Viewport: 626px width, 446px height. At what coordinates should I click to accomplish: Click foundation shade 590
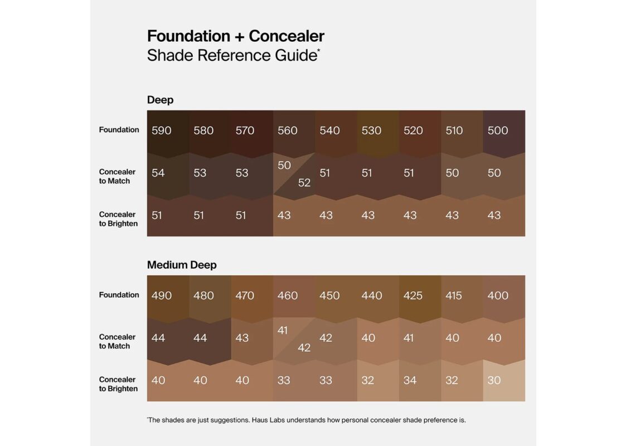(x=162, y=130)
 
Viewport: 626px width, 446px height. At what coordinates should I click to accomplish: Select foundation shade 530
(x=371, y=130)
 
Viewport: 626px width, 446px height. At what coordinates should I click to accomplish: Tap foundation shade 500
(x=497, y=130)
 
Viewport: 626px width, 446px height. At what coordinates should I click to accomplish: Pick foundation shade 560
(x=288, y=130)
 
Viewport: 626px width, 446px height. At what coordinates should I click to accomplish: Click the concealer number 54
(x=158, y=173)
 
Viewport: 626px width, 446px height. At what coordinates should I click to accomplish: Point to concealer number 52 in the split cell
(x=304, y=182)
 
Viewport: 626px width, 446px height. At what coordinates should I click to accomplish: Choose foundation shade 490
(x=162, y=295)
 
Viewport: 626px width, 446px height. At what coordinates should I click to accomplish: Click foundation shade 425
(x=413, y=295)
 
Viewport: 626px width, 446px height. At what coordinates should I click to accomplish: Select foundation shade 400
(x=498, y=295)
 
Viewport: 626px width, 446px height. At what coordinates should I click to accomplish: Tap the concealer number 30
(x=494, y=380)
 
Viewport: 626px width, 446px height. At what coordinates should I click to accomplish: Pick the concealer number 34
(x=410, y=380)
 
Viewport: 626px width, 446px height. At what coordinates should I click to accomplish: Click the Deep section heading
(x=160, y=100)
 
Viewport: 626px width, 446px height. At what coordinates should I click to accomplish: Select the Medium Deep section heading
(x=182, y=265)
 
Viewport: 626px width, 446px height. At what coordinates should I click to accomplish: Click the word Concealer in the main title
(x=287, y=36)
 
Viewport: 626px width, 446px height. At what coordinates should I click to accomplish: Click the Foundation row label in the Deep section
(x=119, y=130)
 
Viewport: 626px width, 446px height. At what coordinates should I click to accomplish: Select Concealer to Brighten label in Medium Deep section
(x=118, y=384)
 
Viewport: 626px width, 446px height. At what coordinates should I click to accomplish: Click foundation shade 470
(x=245, y=295)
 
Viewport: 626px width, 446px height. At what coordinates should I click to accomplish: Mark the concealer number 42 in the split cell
(x=304, y=347)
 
